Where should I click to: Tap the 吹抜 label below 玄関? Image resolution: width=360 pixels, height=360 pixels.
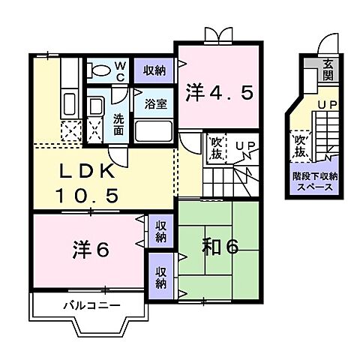[x=301, y=145]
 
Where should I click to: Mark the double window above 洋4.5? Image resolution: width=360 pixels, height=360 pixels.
[x=217, y=36]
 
